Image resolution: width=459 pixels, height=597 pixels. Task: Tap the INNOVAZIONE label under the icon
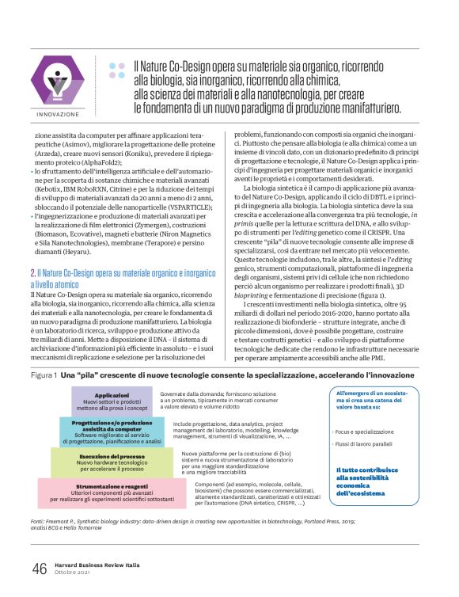tap(57, 114)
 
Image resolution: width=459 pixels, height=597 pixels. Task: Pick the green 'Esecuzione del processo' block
tap(112, 460)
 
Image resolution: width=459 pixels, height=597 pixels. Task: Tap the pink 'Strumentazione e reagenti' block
tap(112, 489)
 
